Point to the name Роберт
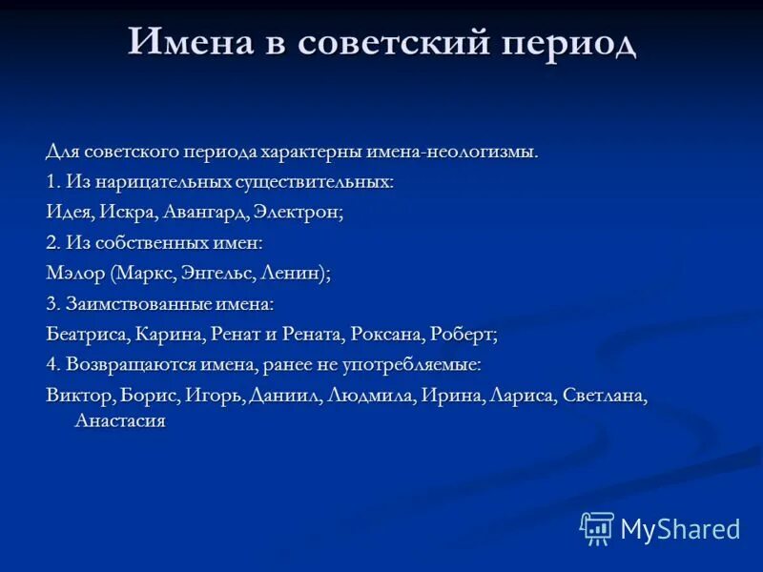click(x=464, y=335)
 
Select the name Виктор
click(x=79, y=396)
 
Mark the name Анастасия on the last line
click(x=120, y=420)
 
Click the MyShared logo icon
click(x=597, y=528)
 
